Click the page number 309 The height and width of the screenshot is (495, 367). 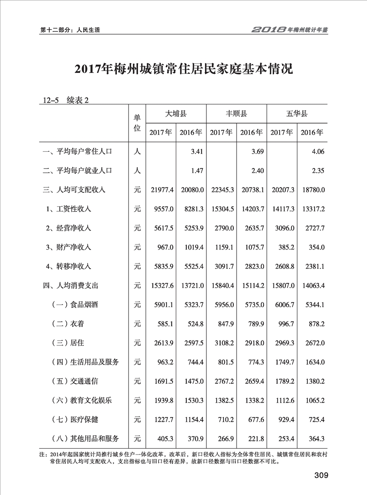[x=321, y=476]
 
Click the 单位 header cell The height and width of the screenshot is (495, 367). [x=138, y=123]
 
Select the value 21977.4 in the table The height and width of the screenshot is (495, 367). [x=161, y=190]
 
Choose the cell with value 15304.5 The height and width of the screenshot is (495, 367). [x=221, y=209]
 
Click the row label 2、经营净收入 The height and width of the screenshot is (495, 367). [x=68, y=228]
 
